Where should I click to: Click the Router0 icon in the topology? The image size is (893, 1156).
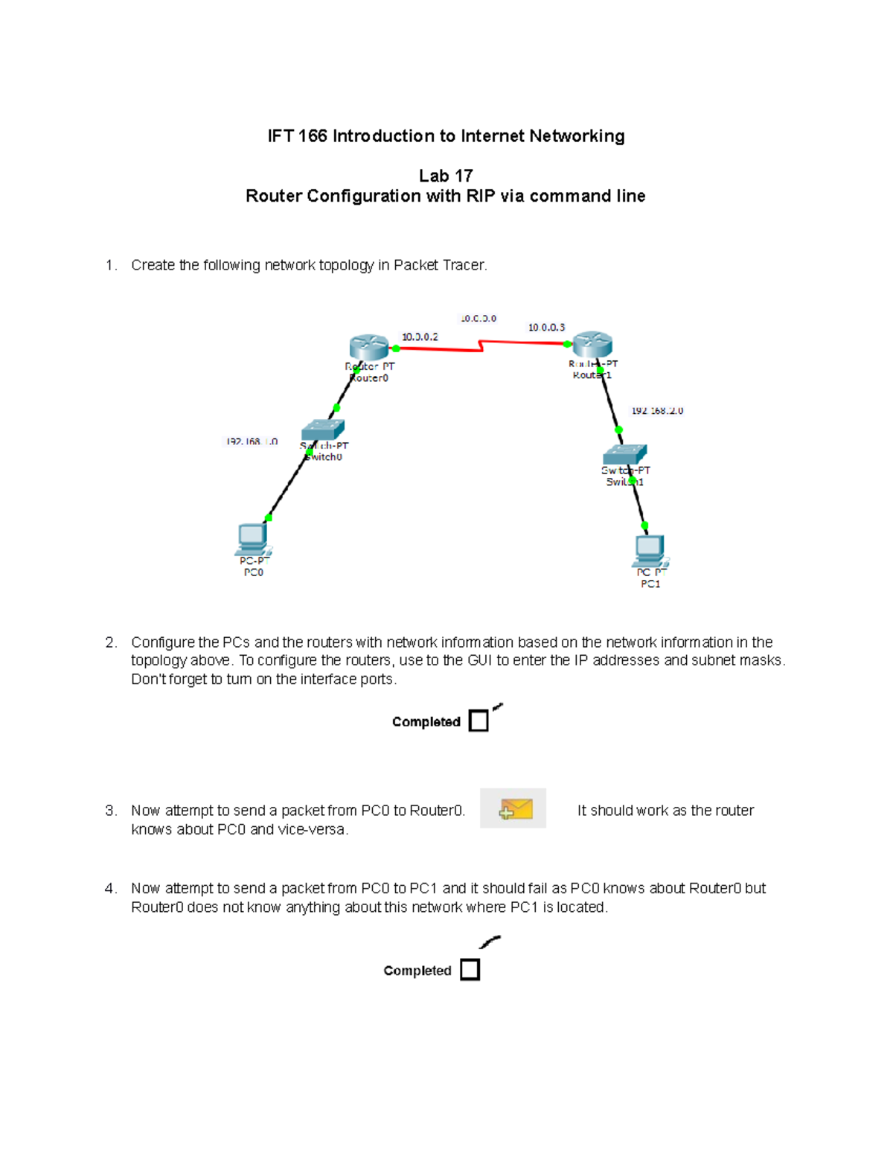[x=369, y=347]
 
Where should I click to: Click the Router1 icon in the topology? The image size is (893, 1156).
[x=592, y=345]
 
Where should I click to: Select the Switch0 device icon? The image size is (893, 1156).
[x=323, y=430]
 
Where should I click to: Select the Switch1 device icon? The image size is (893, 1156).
[x=625, y=454]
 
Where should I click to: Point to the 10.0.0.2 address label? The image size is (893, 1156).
[x=420, y=337]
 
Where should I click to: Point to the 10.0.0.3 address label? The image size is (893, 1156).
[x=546, y=328]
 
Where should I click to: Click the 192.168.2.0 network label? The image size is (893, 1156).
[x=657, y=411]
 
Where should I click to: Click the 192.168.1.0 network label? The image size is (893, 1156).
[x=252, y=442]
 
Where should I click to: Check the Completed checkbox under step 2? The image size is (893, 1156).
[x=478, y=721]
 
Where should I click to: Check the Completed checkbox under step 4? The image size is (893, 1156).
[x=470, y=970]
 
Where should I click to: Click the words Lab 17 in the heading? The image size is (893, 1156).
[x=445, y=176]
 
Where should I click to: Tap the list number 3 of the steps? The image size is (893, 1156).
[x=110, y=811]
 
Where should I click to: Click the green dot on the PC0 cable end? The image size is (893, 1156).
[x=269, y=518]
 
